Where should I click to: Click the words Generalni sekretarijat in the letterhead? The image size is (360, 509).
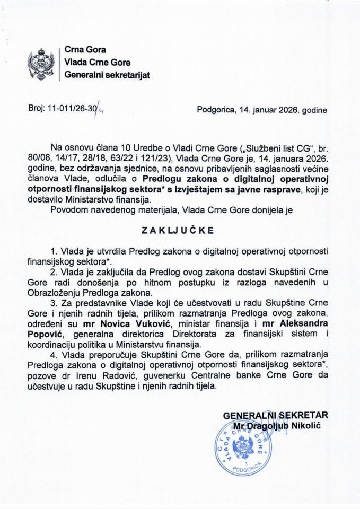tap(107, 75)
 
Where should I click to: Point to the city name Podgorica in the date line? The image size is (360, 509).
tap(215, 111)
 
